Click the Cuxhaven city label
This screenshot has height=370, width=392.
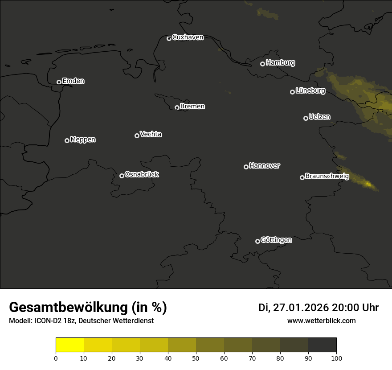click(188, 37)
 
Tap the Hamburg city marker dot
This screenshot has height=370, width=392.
click(263, 64)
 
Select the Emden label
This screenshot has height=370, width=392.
click(73, 81)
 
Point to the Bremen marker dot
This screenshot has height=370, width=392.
click(177, 107)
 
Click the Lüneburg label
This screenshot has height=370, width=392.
click(310, 91)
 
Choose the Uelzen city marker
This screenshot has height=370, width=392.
click(306, 118)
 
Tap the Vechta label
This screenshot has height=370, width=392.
click(151, 134)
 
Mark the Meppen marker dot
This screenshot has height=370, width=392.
click(67, 140)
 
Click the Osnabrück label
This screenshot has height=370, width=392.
click(142, 174)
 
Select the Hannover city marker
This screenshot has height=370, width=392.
click(246, 167)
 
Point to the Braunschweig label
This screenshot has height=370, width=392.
click(327, 177)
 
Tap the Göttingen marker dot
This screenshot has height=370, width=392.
click(257, 241)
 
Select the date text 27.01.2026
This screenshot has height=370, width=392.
click(301, 308)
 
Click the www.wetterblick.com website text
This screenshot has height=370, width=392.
click(321, 321)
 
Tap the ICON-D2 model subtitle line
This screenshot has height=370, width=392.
click(81, 321)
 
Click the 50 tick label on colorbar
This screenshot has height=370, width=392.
click(196, 358)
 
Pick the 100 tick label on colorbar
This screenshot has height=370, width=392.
click(336, 358)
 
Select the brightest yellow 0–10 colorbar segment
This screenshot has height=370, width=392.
click(70, 345)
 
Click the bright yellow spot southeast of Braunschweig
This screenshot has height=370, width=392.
click(368, 183)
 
